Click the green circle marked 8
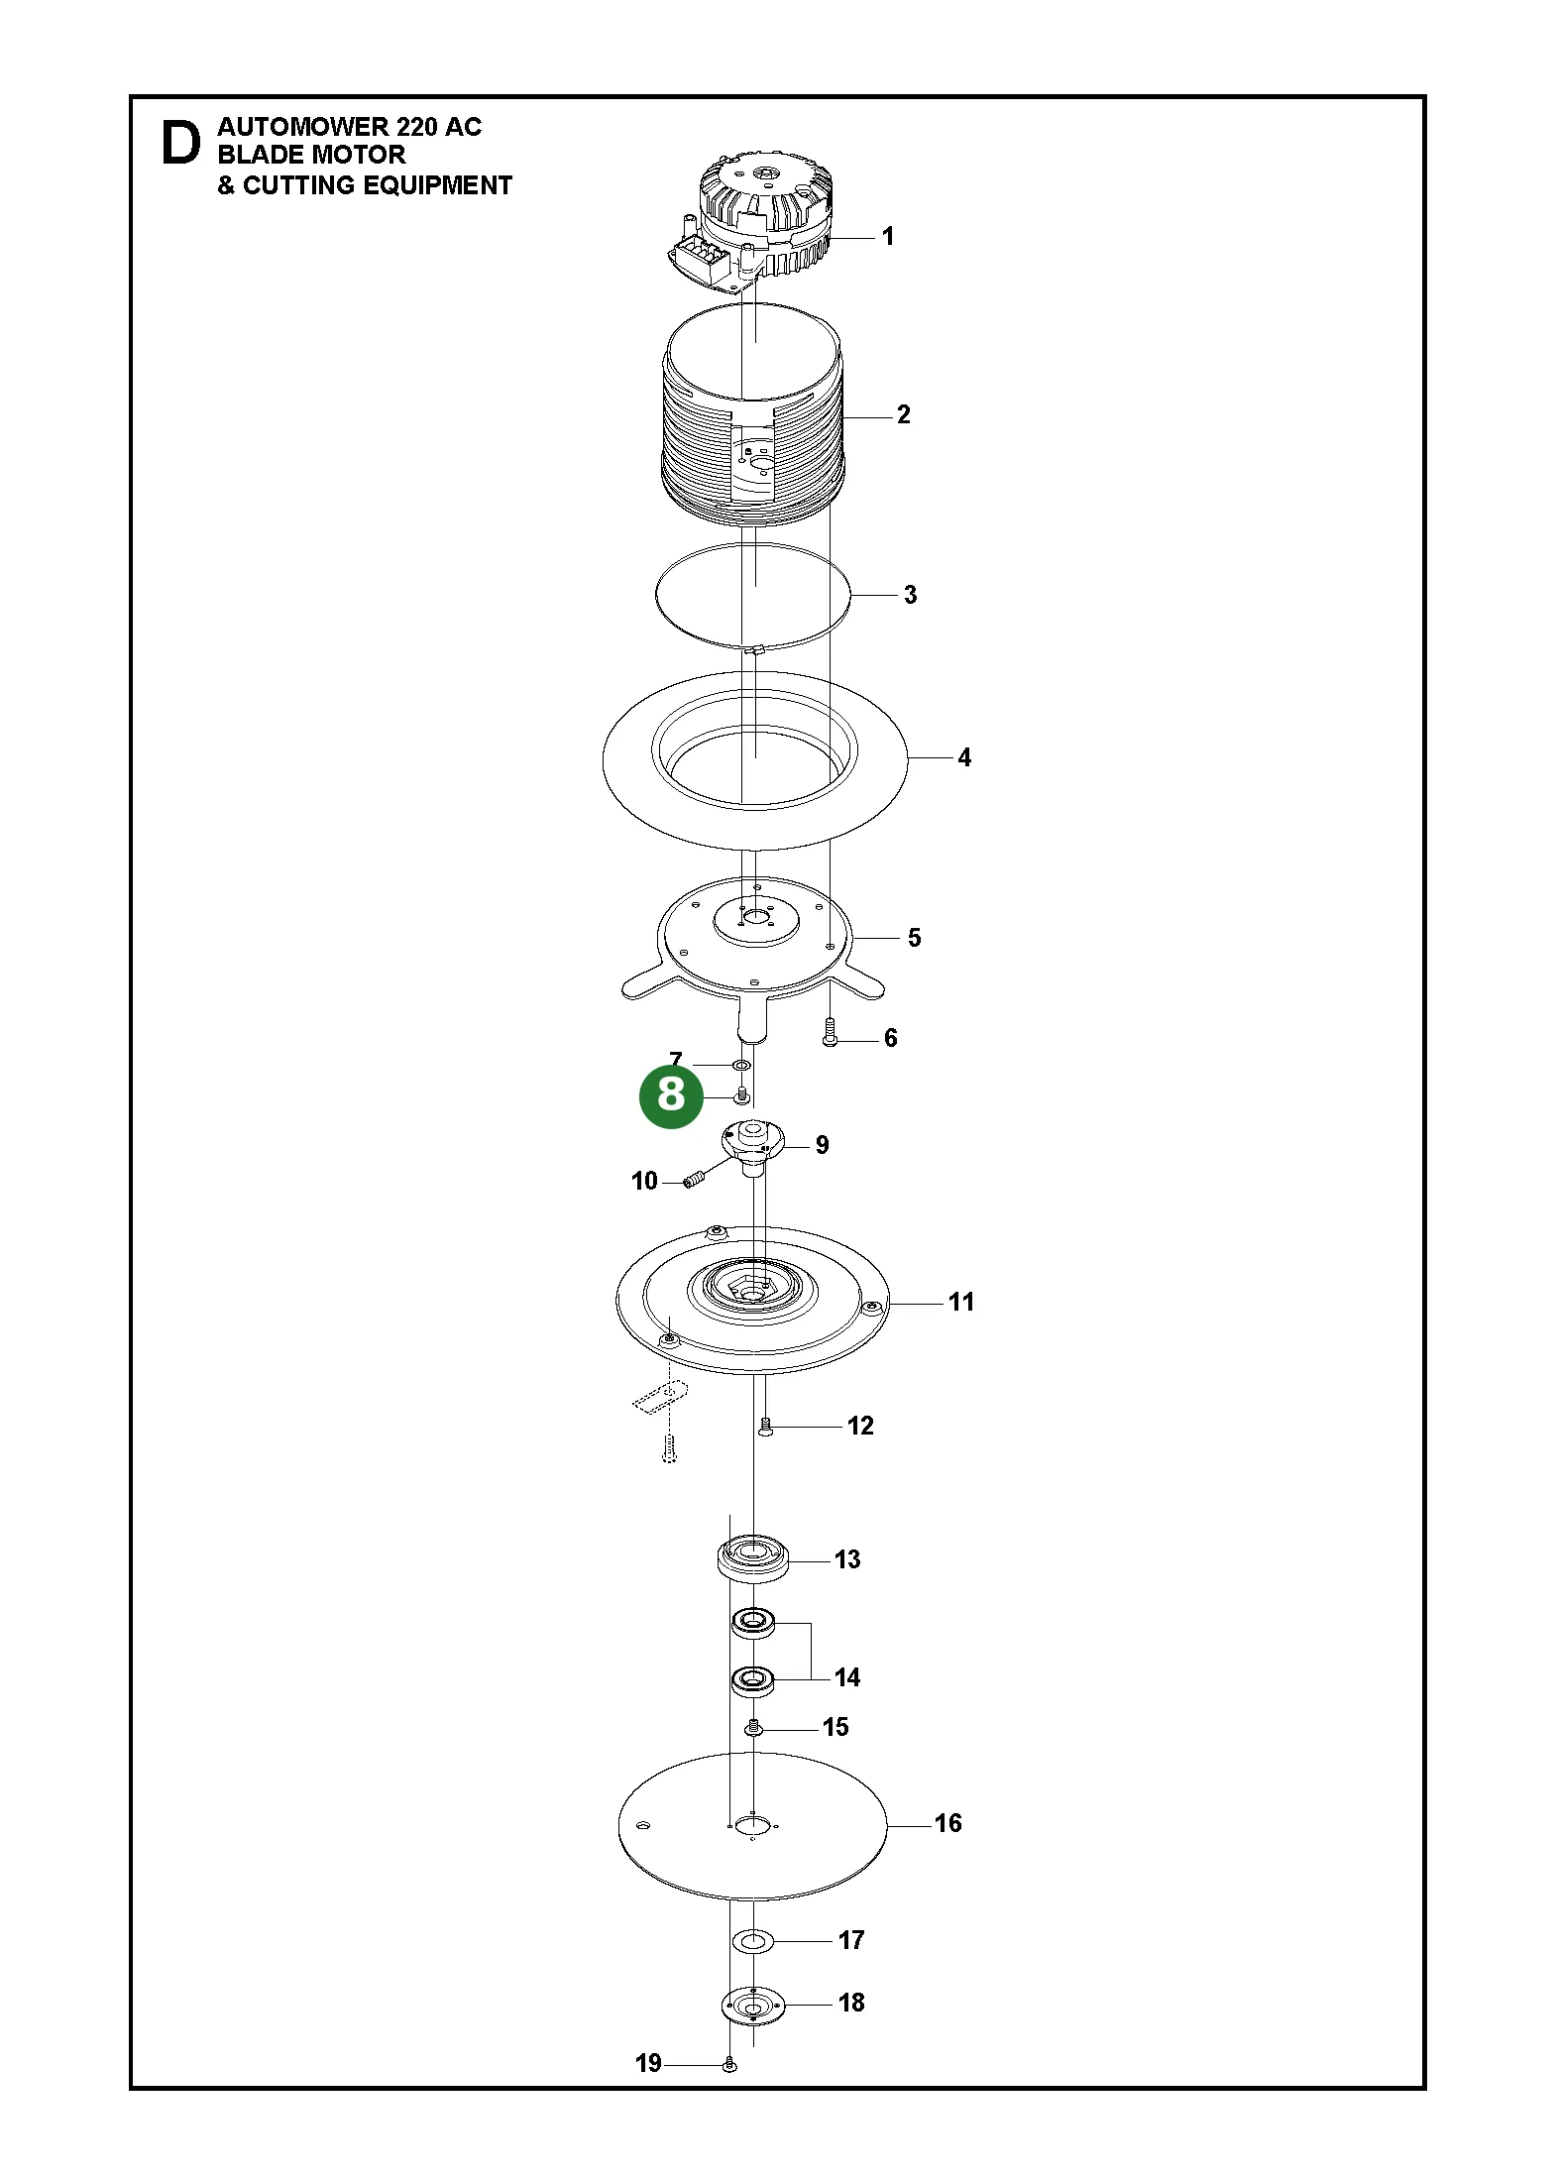671,1094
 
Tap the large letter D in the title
180,144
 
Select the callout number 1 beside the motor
888,236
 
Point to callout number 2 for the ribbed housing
903,414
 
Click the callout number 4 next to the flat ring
963,757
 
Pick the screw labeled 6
831,1032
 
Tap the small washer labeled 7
740,1065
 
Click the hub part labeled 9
752,1146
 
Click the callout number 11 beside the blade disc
961,1302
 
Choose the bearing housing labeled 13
753,1559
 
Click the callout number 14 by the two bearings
846,1677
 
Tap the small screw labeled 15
752,1728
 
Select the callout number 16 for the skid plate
947,1823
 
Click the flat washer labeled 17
752,1940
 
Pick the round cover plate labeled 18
752,2005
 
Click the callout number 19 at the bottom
648,2063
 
